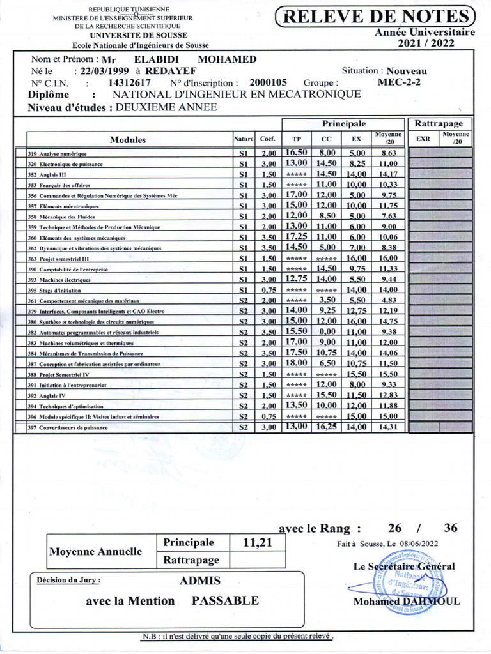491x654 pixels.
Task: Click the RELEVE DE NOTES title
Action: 375,17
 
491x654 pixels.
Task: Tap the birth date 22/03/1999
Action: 100,71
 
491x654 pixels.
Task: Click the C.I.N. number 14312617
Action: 129,82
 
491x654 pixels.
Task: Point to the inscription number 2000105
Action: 268,82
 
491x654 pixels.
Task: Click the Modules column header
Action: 128,139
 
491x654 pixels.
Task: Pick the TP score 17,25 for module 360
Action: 296,236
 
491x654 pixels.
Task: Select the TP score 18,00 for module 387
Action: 296,363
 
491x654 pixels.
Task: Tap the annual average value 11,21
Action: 258,542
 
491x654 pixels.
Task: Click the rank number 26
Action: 395,528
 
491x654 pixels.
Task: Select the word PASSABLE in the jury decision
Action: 225,600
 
